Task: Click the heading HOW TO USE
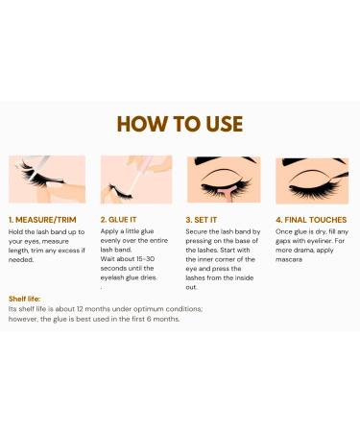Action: click(180, 125)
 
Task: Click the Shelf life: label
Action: click(25, 299)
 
